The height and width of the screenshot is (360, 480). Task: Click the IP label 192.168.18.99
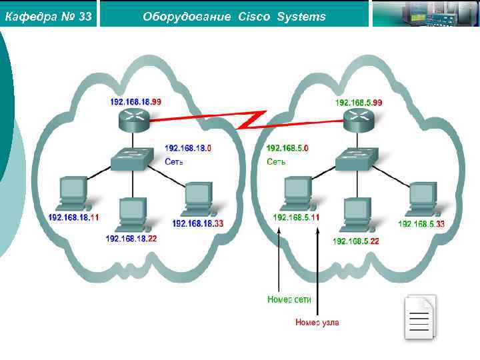[x=136, y=102]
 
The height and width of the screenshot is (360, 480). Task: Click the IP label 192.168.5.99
[x=359, y=102]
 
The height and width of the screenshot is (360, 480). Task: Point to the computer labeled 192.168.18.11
[x=73, y=193]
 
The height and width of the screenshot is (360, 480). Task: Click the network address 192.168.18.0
[x=188, y=148]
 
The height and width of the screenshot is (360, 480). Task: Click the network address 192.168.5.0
[x=287, y=148]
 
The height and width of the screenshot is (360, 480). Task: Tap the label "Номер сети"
[x=289, y=299]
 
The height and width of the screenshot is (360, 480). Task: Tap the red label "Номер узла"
[x=317, y=323]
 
